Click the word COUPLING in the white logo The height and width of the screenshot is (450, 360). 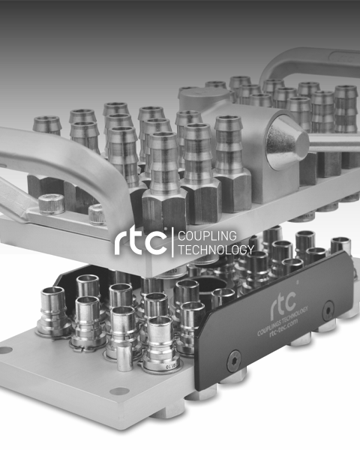tap(207, 236)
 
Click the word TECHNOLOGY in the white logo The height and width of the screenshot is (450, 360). tap(216, 250)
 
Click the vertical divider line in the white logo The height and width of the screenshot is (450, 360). tap(172, 242)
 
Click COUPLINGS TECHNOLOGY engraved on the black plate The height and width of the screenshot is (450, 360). tap(283, 320)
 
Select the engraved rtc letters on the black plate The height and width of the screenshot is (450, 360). tap(283, 304)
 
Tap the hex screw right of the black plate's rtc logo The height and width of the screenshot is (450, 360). tap(328, 310)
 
